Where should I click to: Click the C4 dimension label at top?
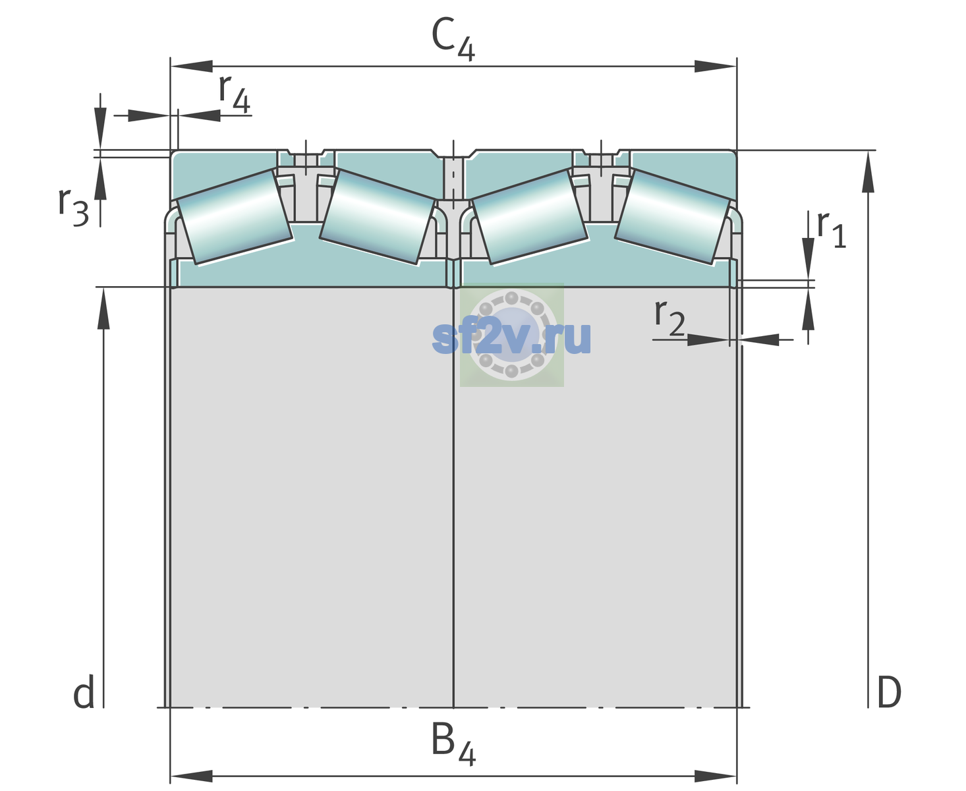[453, 39]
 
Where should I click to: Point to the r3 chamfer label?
[73, 207]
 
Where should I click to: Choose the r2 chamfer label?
[669, 317]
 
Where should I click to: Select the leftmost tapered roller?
[234, 218]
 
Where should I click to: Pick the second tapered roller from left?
[377, 218]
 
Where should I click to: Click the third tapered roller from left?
[530, 218]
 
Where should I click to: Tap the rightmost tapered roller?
[672, 218]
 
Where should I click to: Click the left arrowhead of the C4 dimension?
[192, 66]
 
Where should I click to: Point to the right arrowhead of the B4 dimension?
[715, 776]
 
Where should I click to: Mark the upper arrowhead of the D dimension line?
[868, 172]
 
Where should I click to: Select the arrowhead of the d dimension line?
[103, 308]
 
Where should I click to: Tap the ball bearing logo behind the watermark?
[511, 335]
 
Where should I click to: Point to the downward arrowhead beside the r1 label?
[809, 258]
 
